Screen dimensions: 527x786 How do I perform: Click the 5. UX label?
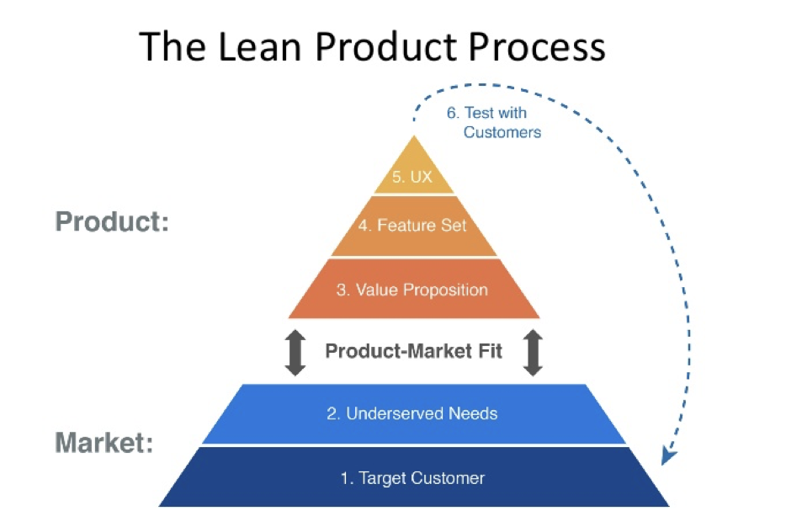[412, 178]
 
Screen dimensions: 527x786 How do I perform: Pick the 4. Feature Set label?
[413, 226]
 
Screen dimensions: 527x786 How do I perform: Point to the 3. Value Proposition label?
[412, 290]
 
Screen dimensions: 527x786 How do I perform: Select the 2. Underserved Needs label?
[412, 413]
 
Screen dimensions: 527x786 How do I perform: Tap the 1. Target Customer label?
[412, 478]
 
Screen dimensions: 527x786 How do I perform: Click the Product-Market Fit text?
[413, 350]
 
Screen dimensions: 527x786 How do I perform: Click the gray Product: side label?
[112, 222]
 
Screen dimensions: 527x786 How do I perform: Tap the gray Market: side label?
[104, 442]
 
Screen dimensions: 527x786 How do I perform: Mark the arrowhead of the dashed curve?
[668, 455]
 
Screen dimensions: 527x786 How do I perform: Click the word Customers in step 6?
[502, 132]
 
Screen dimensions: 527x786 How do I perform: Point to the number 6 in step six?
[452, 113]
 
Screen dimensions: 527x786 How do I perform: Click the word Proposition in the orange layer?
[444, 290]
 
